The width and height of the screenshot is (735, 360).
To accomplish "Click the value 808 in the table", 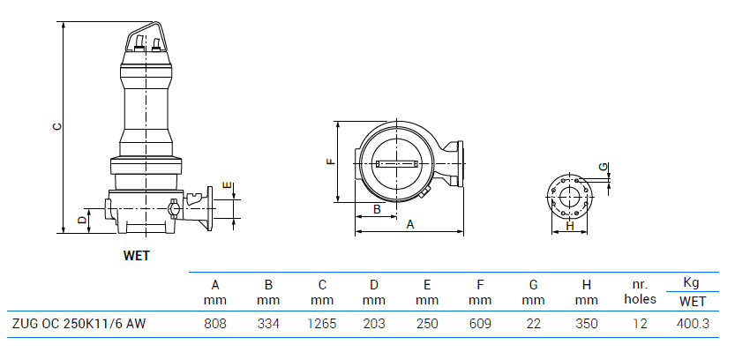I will [x=215, y=324].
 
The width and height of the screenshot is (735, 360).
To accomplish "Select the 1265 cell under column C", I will [x=322, y=324].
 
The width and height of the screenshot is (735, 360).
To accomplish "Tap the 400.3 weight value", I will [x=693, y=324].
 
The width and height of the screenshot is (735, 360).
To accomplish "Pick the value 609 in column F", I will [x=480, y=324].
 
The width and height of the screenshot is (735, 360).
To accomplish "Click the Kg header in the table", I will [x=693, y=283].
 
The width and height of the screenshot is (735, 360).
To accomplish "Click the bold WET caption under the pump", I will [x=137, y=257].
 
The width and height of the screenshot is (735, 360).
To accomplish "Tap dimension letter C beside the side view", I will [x=56, y=125].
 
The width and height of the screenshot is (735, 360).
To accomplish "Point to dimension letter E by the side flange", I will [x=228, y=186].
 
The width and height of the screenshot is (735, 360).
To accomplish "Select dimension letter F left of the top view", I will [x=330, y=161].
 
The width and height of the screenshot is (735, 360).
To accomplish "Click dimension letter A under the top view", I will [x=409, y=225].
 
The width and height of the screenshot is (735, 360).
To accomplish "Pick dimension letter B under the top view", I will [x=377, y=209].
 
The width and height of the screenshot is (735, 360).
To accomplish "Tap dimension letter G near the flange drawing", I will [x=603, y=167].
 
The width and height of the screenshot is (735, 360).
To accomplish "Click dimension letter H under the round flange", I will [x=570, y=226].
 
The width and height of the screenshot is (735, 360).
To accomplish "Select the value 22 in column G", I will [x=534, y=324].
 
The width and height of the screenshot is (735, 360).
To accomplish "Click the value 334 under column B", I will [x=268, y=324].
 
